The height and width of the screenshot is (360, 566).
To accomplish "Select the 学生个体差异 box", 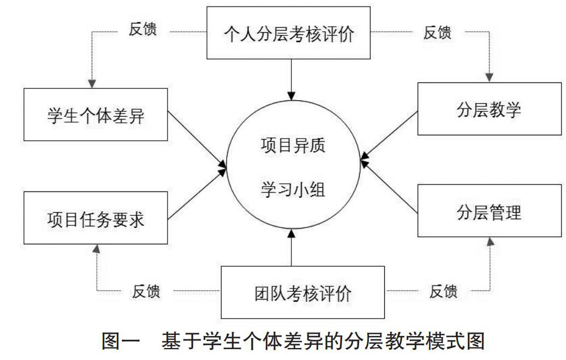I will pyautogui.click(x=96, y=115).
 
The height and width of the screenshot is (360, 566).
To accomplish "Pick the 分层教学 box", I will pyautogui.click(x=489, y=109).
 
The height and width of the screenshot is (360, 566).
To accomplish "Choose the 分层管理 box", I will pyautogui.click(x=489, y=211).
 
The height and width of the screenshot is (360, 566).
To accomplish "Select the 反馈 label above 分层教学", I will pyautogui.click(x=437, y=32).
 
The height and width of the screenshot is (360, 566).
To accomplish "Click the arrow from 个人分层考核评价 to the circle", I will pyautogui.click(x=292, y=76).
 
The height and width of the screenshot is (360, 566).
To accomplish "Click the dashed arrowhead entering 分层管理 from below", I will pyautogui.click(x=490, y=242).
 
